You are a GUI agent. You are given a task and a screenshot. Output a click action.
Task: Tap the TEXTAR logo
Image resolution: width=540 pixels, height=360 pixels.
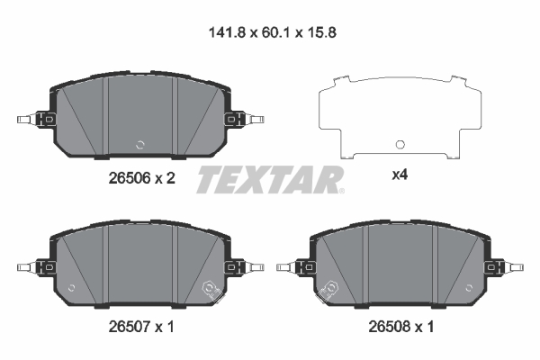tap(269, 179)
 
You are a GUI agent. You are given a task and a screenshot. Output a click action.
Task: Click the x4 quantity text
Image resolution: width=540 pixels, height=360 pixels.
tap(400, 176)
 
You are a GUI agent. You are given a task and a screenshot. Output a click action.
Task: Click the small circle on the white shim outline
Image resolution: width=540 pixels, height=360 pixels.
tap(400, 144)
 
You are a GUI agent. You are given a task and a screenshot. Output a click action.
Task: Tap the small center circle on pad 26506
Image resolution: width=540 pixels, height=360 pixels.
tap(139, 144)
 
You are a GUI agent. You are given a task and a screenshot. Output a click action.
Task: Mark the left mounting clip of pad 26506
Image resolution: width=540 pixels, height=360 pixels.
tap(36, 119)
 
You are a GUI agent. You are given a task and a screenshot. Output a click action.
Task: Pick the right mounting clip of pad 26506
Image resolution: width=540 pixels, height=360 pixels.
tap(244, 119)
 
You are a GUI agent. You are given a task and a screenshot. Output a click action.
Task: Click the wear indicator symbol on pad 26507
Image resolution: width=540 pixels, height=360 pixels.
tap(212, 289)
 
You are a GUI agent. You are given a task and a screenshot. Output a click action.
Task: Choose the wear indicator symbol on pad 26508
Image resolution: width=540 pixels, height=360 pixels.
tap(330, 289)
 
